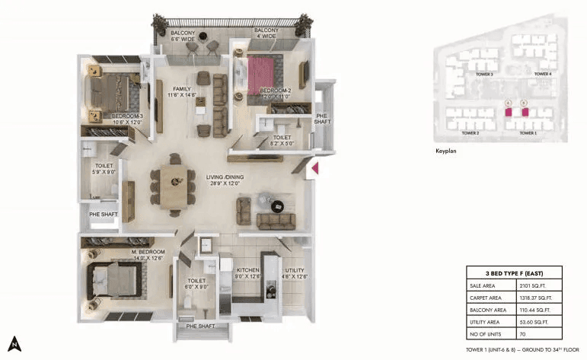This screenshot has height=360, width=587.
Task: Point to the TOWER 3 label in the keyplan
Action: [486, 75]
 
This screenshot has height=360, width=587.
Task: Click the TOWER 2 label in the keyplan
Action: [471, 132]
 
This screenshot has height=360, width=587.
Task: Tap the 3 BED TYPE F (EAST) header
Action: [515, 272]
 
